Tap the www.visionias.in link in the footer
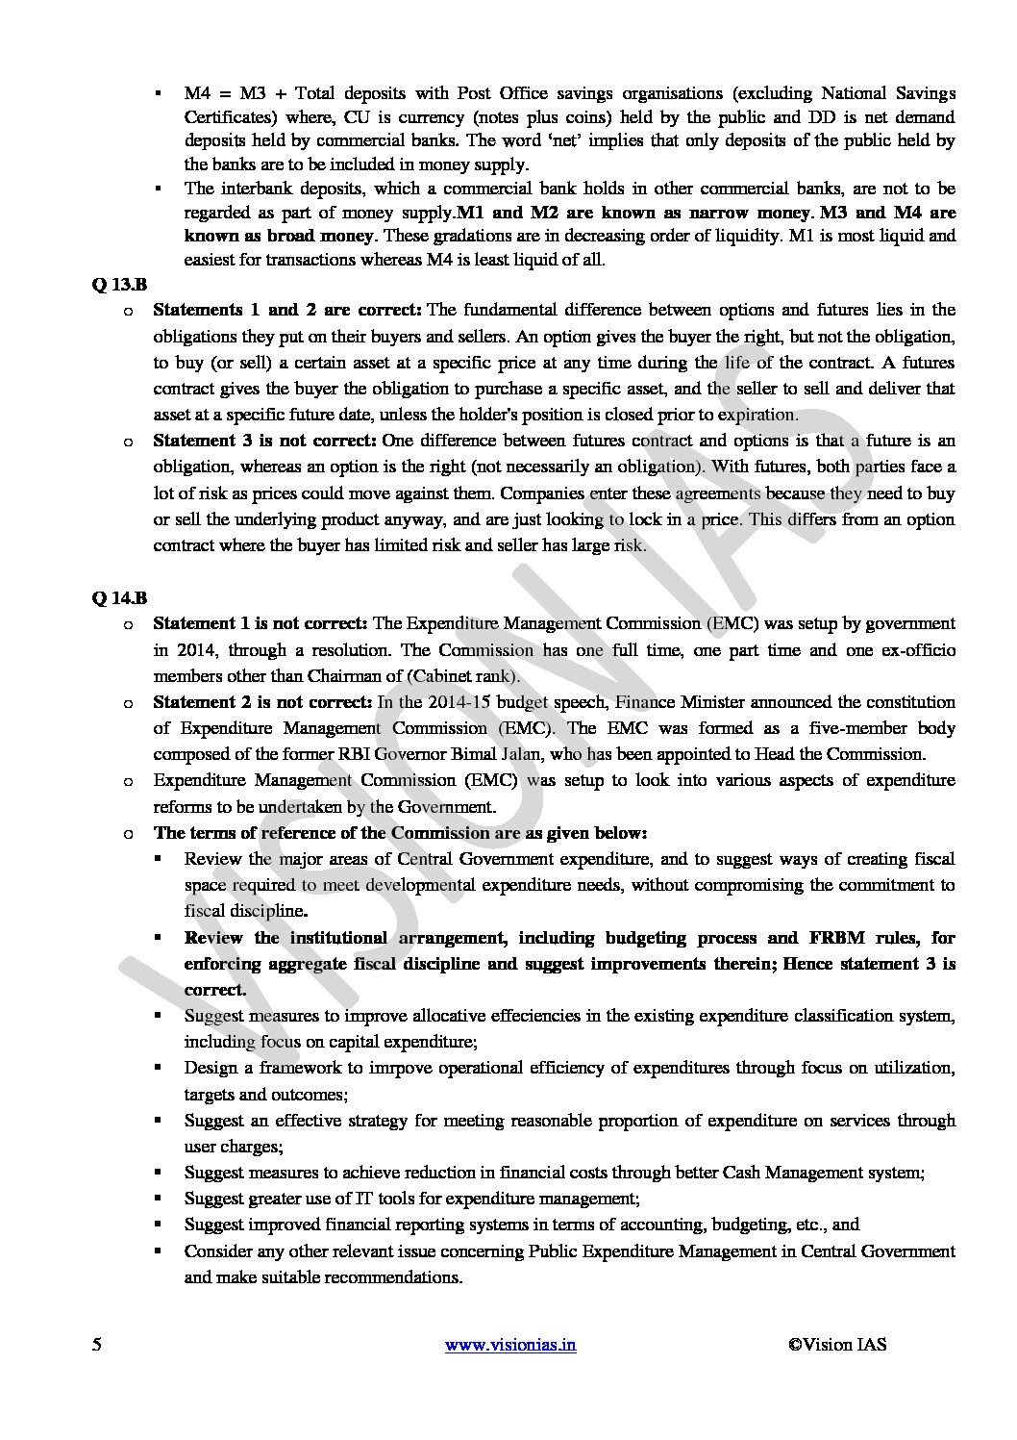click(x=511, y=1345)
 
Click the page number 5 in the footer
click(x=97, y=1345)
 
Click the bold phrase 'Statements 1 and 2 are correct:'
click(x=287, y=310)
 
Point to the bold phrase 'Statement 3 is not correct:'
click(x=265, y=441)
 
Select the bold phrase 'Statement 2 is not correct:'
click(x=263, y=702)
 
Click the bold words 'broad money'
click(x=328, y=236)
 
